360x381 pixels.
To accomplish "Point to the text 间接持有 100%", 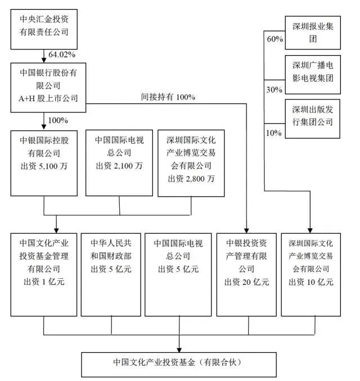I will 168,97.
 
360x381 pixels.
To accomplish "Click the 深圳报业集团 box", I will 313,33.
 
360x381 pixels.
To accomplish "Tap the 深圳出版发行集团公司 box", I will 313,115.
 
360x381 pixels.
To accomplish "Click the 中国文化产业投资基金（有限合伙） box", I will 179,363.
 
